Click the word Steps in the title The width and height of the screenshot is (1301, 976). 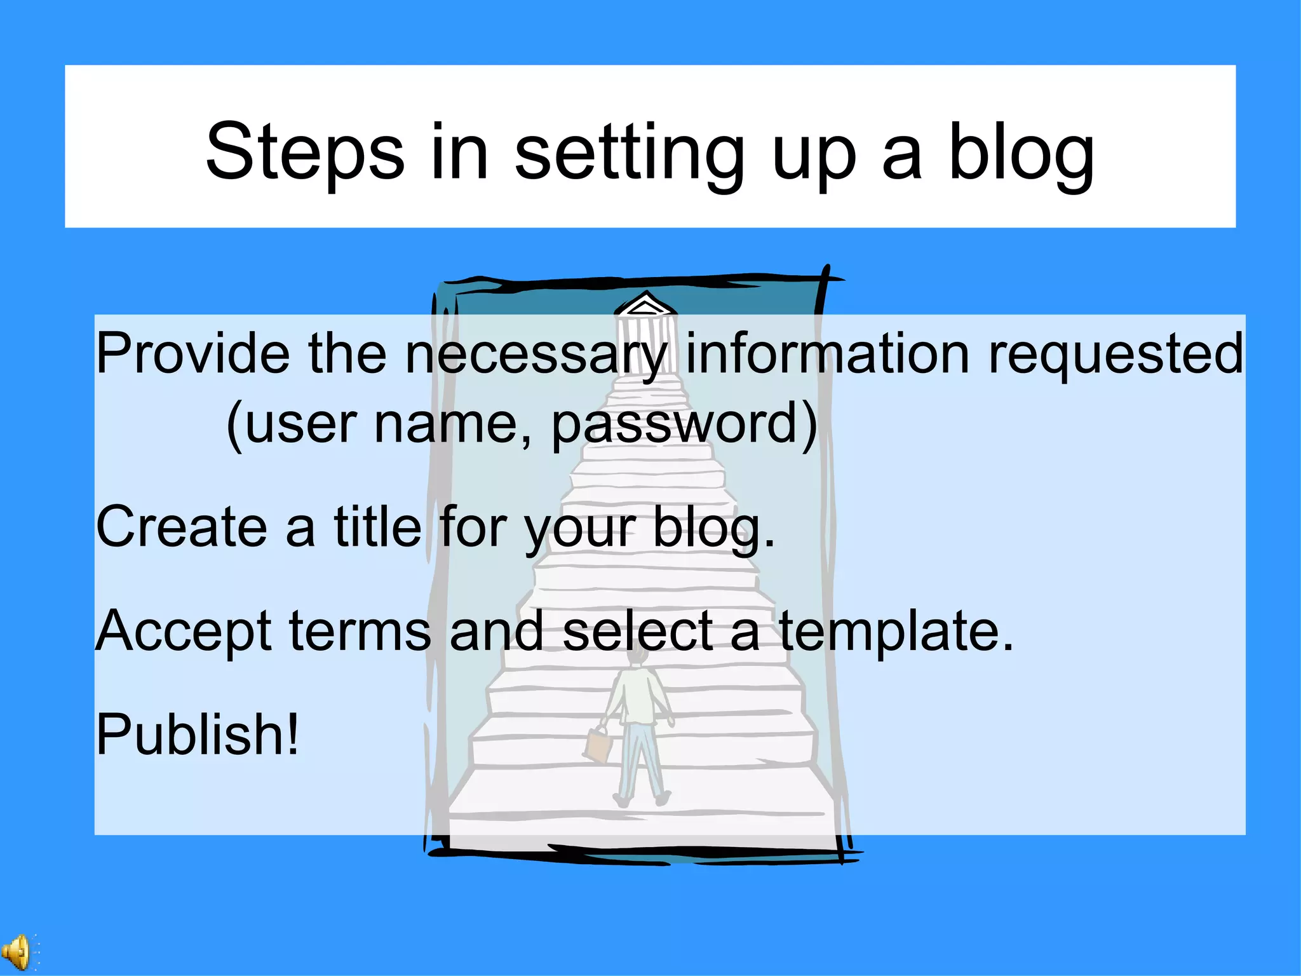click(x=305, y=152)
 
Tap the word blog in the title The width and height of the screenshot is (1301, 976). click(x=1021, y=152)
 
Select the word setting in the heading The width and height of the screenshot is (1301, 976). click(x=629, y=152)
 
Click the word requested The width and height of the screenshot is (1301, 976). click(x=1116, y=353)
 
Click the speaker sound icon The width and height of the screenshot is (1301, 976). click(x=18, y=952)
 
